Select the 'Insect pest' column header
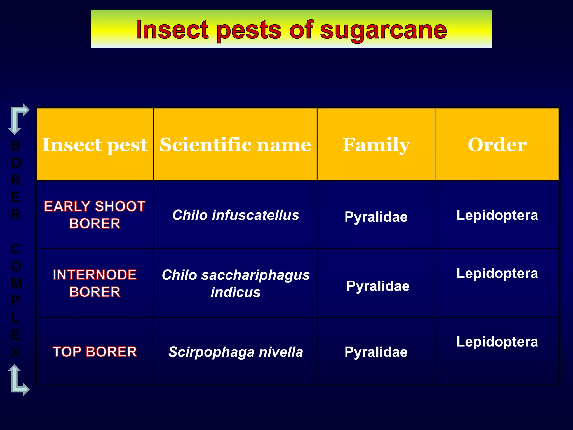tap(95, 145)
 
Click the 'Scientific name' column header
tap(235, 145)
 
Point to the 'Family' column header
tap(376, 145)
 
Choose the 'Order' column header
tap(497, 145)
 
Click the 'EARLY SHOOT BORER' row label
tap(95, 215)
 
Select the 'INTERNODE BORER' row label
tap(95, 283)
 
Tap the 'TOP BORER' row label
tap(95, 352)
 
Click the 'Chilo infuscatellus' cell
tap(236, 215)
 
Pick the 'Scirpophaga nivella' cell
tap(236, 352)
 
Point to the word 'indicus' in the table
tap(236, 292)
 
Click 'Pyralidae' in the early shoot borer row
tap(376, 217)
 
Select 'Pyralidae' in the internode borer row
tap(378, 286)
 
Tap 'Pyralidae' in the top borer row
tap(376, 352)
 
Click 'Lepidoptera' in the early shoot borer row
tap(497, 215)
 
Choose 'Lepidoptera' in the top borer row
tap(497, 342)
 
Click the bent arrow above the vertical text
tap(17, 118)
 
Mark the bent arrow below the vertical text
tap(17, 381)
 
